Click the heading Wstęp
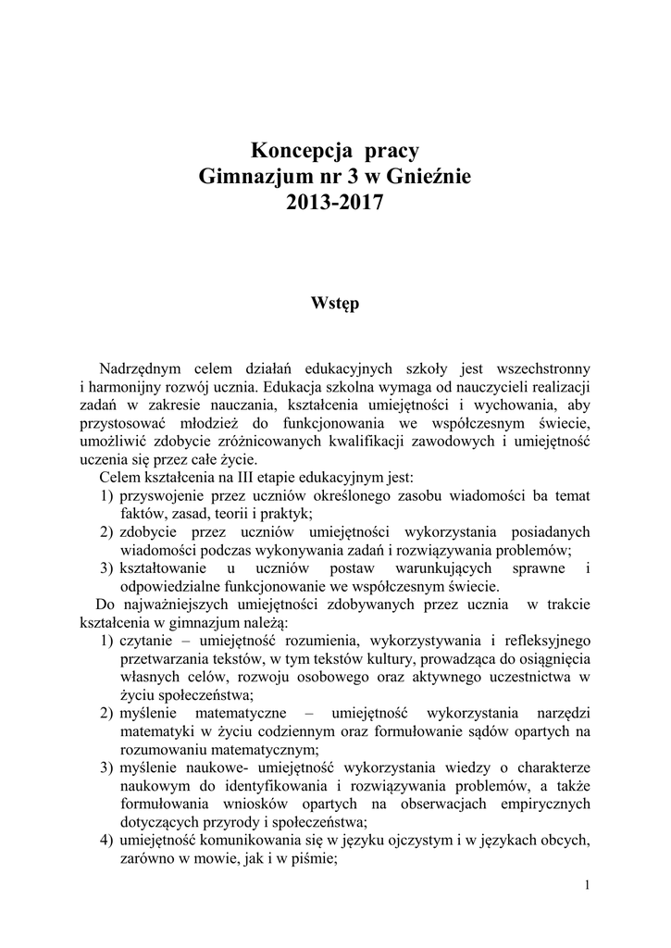pos(335,303)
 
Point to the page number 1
pos(588,885)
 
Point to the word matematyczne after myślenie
pos(243,714)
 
